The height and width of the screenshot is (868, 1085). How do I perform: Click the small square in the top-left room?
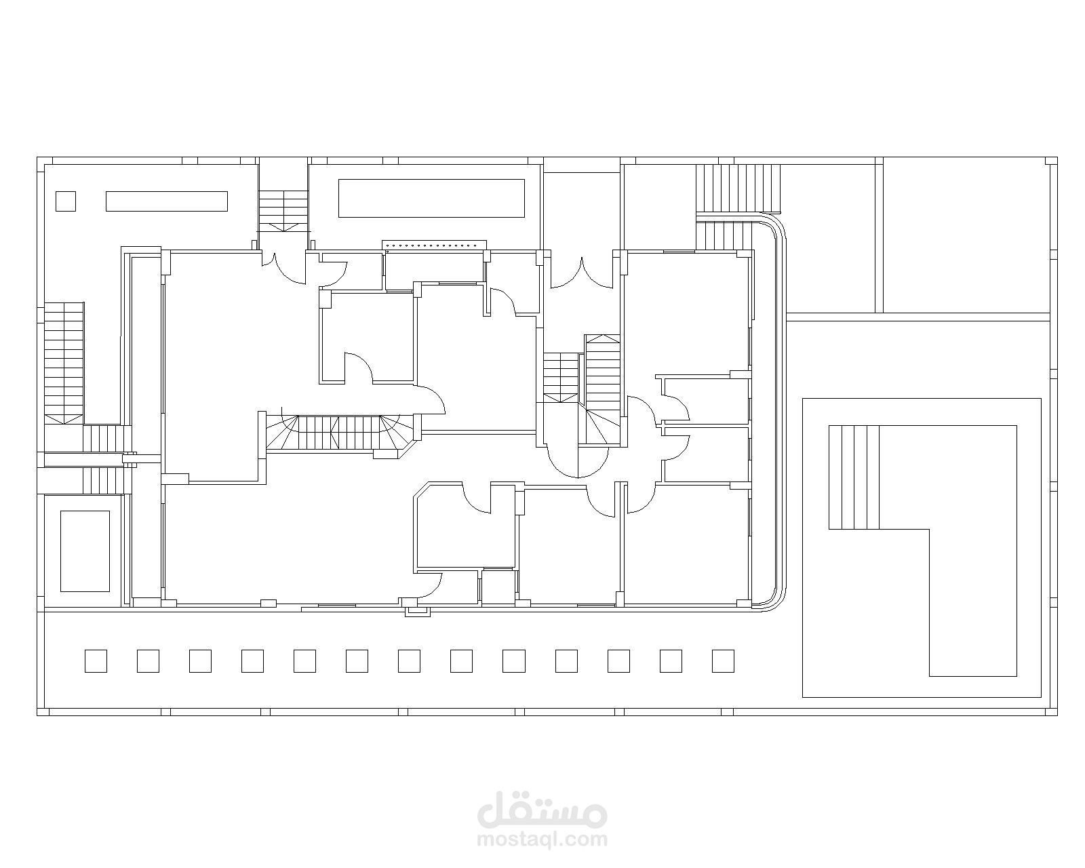coord(66,201)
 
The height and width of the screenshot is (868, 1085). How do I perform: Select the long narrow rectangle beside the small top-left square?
coord(166,201)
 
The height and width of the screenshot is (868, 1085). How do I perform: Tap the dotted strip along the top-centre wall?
coord(434,245)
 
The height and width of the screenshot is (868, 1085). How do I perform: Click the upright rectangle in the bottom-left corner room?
coord(85,551)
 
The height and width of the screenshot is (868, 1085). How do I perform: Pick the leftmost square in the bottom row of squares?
coord(96,661)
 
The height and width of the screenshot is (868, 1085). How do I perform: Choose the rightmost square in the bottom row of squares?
coord(723,661)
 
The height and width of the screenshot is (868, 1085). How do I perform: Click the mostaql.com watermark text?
coord(542,840)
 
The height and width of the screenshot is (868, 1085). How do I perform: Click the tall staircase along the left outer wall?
coord(64,362)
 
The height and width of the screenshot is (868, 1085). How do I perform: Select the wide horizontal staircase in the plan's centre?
coord(341,432)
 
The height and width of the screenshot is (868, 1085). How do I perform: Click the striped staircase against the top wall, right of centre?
coord(738,188)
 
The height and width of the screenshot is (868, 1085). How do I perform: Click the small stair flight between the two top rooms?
coord(283,211)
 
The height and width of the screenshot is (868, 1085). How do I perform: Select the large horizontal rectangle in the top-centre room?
coord(431,198)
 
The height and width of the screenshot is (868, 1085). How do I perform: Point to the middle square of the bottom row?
coord(409,661)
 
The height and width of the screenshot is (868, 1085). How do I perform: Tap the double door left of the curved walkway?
coord(582,273)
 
